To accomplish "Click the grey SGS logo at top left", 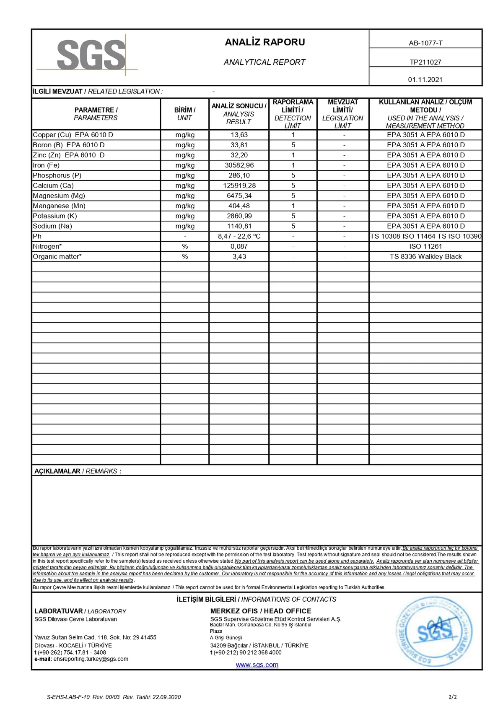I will click(91, 55).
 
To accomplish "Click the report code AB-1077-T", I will click(425, 43).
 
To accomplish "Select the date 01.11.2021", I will click(425, 79).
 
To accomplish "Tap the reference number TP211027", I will click(425, 62).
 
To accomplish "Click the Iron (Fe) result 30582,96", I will click(239, 165).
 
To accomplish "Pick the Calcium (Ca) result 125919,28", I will click(239, 185).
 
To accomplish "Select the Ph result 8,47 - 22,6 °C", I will click(239, 236).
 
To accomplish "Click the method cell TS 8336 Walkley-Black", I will click(425, 256).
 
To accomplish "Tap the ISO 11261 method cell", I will click(425, 246).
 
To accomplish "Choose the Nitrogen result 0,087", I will click(239, 246).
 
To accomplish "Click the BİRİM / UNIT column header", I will click(185, 114).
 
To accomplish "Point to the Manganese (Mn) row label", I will click(59, 206).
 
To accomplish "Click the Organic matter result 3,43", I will click(239, 256).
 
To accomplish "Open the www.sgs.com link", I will click(257, 665).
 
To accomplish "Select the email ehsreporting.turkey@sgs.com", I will click(91, 659).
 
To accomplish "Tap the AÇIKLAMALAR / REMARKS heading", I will click(78, 471).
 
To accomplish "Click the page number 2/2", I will click(453, 697).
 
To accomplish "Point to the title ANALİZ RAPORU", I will click(265, 42).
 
